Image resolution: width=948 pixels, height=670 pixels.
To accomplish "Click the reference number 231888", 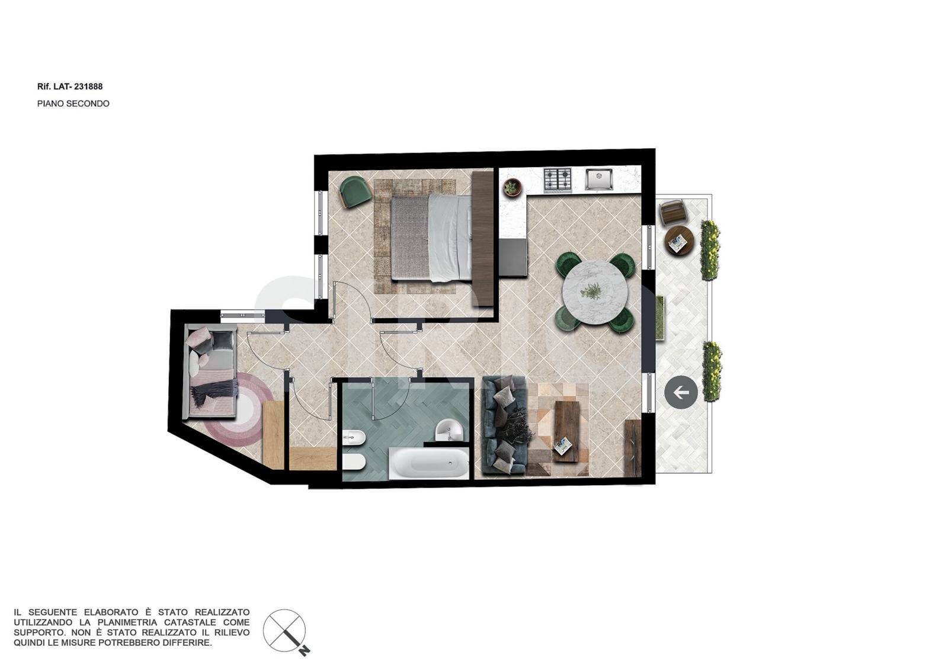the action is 88,86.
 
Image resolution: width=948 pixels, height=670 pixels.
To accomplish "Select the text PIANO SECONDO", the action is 73,104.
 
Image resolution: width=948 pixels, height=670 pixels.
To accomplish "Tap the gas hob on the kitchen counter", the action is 558,179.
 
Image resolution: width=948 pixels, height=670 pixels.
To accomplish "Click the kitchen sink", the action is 599,179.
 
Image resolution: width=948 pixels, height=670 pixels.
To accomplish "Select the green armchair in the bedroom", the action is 355,192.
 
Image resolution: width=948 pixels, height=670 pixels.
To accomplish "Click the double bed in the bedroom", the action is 431,238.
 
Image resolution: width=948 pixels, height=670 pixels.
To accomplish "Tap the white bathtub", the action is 429,463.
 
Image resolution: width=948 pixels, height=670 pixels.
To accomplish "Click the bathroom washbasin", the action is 448,430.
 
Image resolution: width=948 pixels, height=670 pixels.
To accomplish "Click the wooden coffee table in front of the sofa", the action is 566,431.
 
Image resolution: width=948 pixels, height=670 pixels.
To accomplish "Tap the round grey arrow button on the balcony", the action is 681,392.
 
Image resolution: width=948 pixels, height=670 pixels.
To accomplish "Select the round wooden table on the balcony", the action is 680,240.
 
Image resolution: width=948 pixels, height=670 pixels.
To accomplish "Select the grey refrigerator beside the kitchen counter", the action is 513,257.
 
